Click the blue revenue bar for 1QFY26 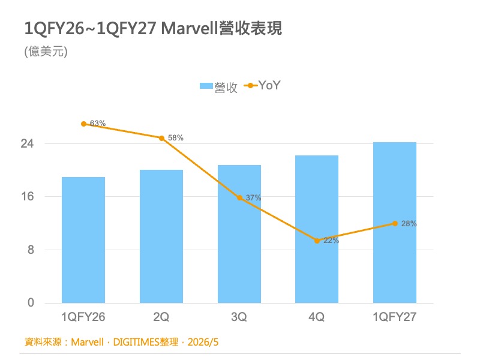coord(83,240)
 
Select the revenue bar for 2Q coord(161,236)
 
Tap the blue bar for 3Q coord(239,234)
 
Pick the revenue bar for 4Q coord(317,229)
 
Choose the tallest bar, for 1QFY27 coord(395,223)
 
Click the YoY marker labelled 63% coord(83,124)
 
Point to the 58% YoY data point coord(161,138)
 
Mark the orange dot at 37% coord(239,198)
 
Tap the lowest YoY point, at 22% coord(317,241)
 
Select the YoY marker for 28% coord(395,223)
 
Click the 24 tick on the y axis coord(27,143)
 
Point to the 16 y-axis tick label coord(27,196)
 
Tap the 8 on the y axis coord(31,250)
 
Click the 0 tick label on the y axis coord(31,303)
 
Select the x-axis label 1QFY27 coord(395,317)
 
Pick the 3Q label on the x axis coord(239,317)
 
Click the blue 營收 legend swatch coord(206,86)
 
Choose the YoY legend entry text coord(269,85)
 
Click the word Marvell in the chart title coord(190,28)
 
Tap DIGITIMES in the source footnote coord(136,342)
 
